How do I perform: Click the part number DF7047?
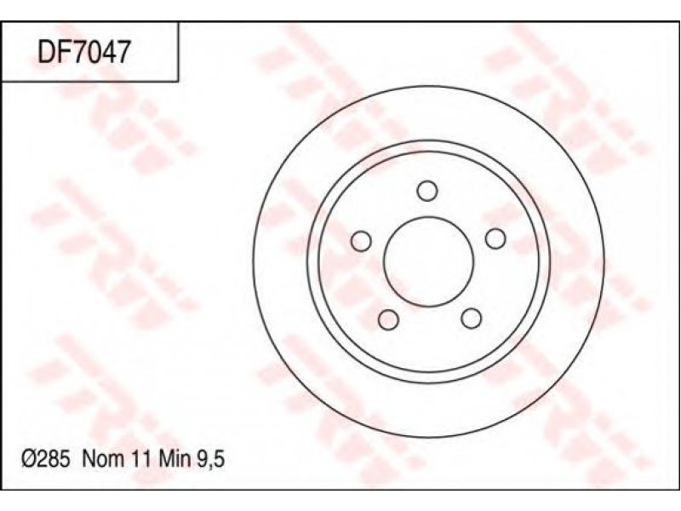(83, 53)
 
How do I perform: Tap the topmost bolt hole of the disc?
(427, 191)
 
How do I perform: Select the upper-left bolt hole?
(361, 241)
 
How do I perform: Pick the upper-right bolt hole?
(495, 238)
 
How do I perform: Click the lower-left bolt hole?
(388, 319)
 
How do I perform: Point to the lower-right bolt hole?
(472, 319)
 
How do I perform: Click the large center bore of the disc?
(428, 261)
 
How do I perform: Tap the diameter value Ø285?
(46, 459)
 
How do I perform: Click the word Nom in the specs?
(102, 459)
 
